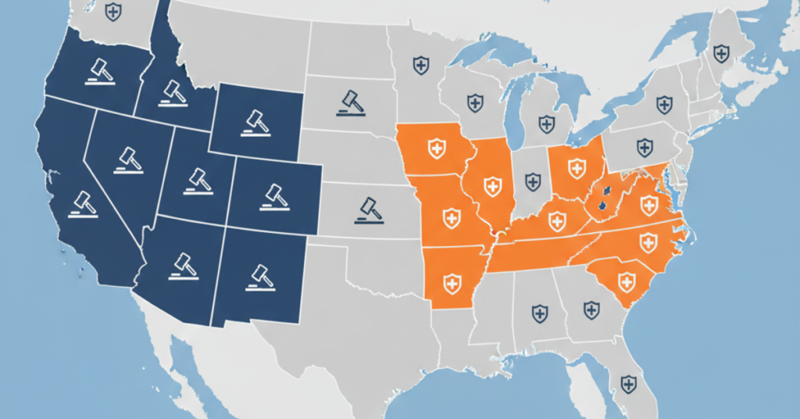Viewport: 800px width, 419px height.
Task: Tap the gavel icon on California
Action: tap(82, 202)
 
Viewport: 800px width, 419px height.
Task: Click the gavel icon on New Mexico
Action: tap(258, 276)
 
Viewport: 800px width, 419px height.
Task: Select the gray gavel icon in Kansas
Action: tap(367, 209)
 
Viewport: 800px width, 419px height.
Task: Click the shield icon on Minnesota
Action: tap(421, 65)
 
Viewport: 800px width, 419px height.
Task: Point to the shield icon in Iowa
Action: tap(437, 145)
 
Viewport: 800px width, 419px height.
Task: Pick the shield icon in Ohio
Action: tap(577, 167)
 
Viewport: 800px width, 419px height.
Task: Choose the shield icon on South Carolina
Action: tap(625, 281)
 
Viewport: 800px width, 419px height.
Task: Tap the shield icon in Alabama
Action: tap(540, 313)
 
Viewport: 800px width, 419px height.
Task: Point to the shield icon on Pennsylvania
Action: tap(645, 146)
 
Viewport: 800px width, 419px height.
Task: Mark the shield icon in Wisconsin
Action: tap(474, 102)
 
